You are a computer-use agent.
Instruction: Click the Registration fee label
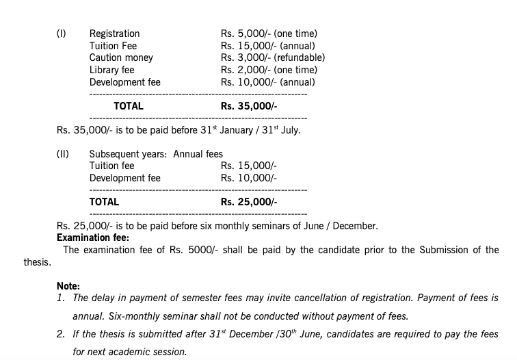point(114,34)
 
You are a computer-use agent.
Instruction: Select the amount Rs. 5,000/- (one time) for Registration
point(269,34)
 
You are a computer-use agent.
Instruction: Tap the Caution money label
point(121,58)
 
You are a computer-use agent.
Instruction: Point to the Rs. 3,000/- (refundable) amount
point(272,58)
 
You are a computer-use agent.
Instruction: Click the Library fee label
point(111,70)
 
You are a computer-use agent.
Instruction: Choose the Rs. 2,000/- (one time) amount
point(269,70)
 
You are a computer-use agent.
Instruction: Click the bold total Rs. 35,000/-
point(249,106)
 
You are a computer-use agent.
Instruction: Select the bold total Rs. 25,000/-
point(249,202)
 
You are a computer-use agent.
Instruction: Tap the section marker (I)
point(61,34)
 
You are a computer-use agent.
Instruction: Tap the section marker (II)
point(62,154)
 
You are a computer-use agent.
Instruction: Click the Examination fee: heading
point(92,238)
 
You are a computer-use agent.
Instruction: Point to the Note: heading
point(68,286)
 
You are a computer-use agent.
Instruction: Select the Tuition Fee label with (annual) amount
point(113,46)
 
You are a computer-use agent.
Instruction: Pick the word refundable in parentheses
point(299,58)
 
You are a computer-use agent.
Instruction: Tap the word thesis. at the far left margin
point(37,262)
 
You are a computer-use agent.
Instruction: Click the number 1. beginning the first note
point(61,298)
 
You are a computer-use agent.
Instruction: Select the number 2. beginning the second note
point(61,334)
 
